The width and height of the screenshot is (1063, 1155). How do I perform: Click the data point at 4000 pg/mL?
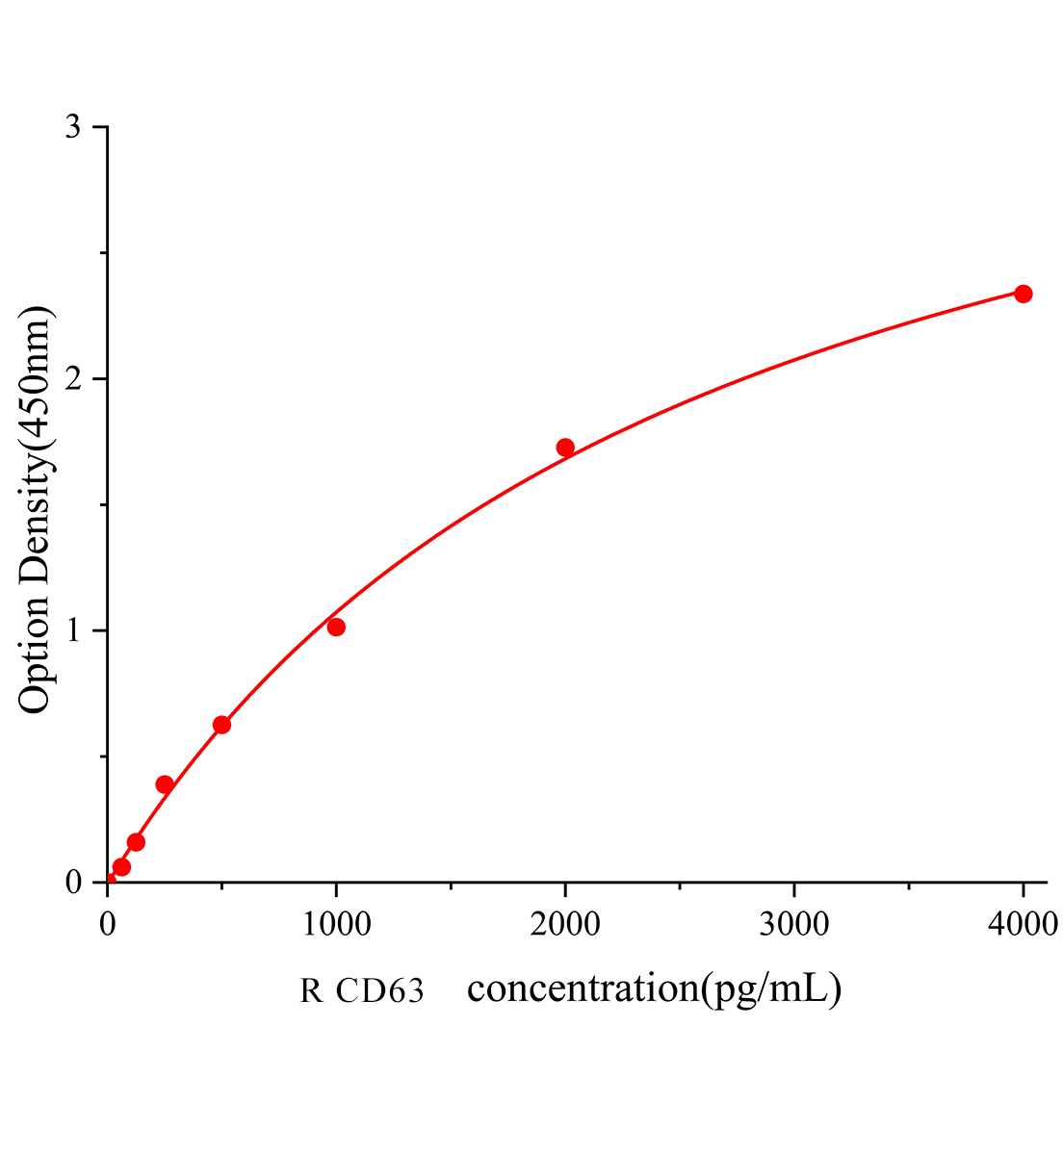(1023, 294)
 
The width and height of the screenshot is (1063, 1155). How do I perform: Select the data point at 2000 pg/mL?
(565, 448)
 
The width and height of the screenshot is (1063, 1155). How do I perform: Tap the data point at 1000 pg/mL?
(336, 628)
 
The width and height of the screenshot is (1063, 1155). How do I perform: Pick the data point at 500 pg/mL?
(221, 725)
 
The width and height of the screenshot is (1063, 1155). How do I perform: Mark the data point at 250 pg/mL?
(165, 784)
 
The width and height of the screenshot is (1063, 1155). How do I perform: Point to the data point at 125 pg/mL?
(136, 842)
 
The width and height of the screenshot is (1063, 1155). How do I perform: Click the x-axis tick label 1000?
(336, 925)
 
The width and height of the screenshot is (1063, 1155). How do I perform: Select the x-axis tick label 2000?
(565, 925)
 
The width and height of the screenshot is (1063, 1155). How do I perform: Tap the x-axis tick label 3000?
(793, 925)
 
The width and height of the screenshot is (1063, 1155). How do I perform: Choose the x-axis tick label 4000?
(1023, 925)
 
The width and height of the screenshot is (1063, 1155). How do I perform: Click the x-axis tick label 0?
(107, 925)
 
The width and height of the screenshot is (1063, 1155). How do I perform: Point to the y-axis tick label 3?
(72, 128)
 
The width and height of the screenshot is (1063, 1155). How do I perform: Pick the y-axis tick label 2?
(72, 379)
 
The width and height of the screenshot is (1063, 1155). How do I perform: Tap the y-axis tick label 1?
(72, 631)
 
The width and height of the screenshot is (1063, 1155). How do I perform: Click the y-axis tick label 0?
(72, 883)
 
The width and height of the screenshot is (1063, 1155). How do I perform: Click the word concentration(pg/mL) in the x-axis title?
(654, 989)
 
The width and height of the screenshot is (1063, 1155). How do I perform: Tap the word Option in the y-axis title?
(36, 653)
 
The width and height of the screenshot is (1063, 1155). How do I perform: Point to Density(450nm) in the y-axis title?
(36, 443)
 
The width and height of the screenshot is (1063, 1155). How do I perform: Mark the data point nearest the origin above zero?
(121, 867)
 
